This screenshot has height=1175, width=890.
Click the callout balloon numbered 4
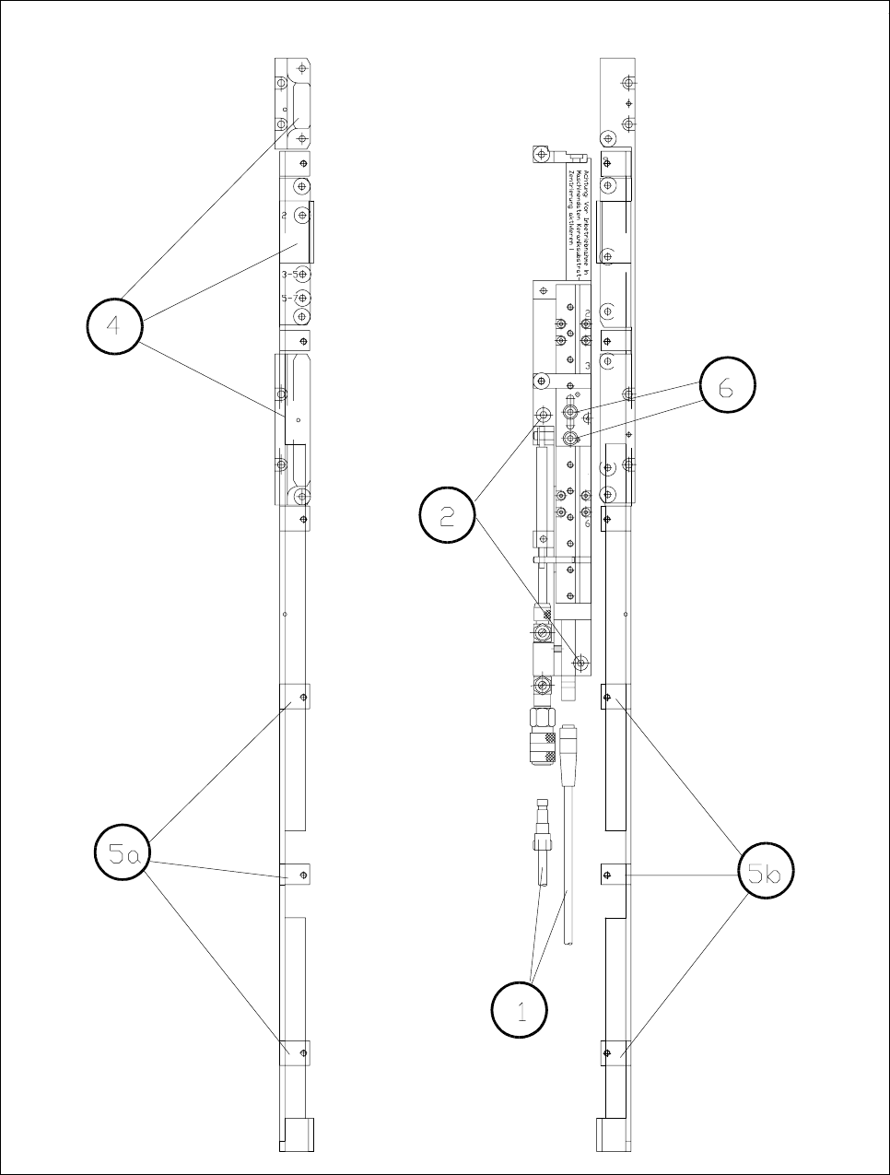click(115, 325)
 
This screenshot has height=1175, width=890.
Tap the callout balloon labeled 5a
click(123, 855)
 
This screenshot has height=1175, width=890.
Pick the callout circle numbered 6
click(727, 388)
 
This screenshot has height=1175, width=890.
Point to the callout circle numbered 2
click(448, 516)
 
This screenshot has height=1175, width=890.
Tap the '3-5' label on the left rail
click(289, 275)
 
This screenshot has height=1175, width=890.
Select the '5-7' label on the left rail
click(289, 299)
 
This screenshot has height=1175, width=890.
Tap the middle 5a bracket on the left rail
click(296, 873)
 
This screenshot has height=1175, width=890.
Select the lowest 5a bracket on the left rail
click(296, 1051)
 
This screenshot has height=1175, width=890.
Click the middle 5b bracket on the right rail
click(615, 874)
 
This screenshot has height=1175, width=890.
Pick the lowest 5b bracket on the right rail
click(615, 1052)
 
